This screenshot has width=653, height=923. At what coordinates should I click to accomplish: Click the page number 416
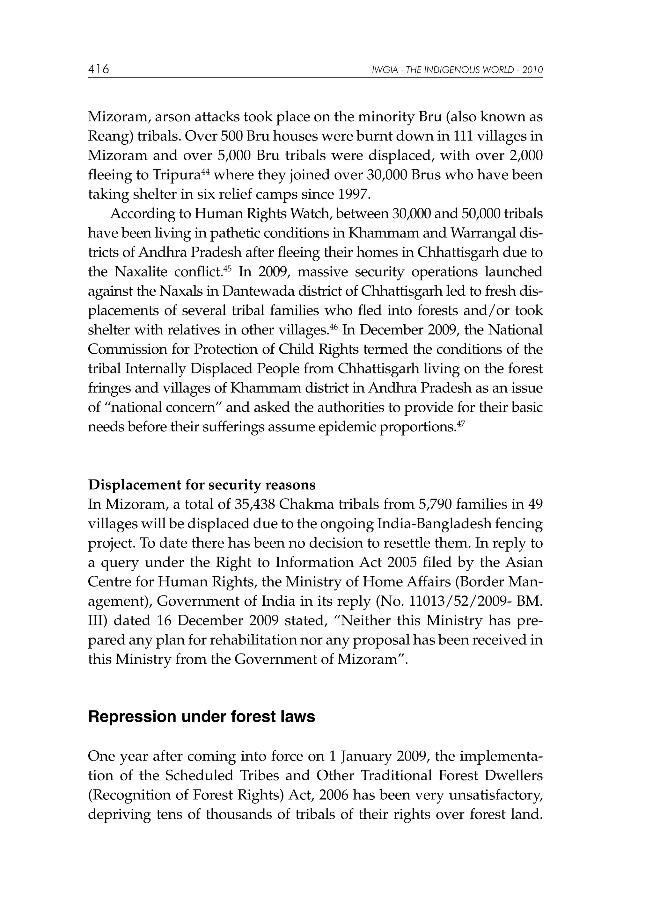(x=99, y=69)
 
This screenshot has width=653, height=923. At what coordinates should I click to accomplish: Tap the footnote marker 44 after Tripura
(x=205, y=172)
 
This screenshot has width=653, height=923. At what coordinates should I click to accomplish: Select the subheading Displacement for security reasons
(x=202, y=485)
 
